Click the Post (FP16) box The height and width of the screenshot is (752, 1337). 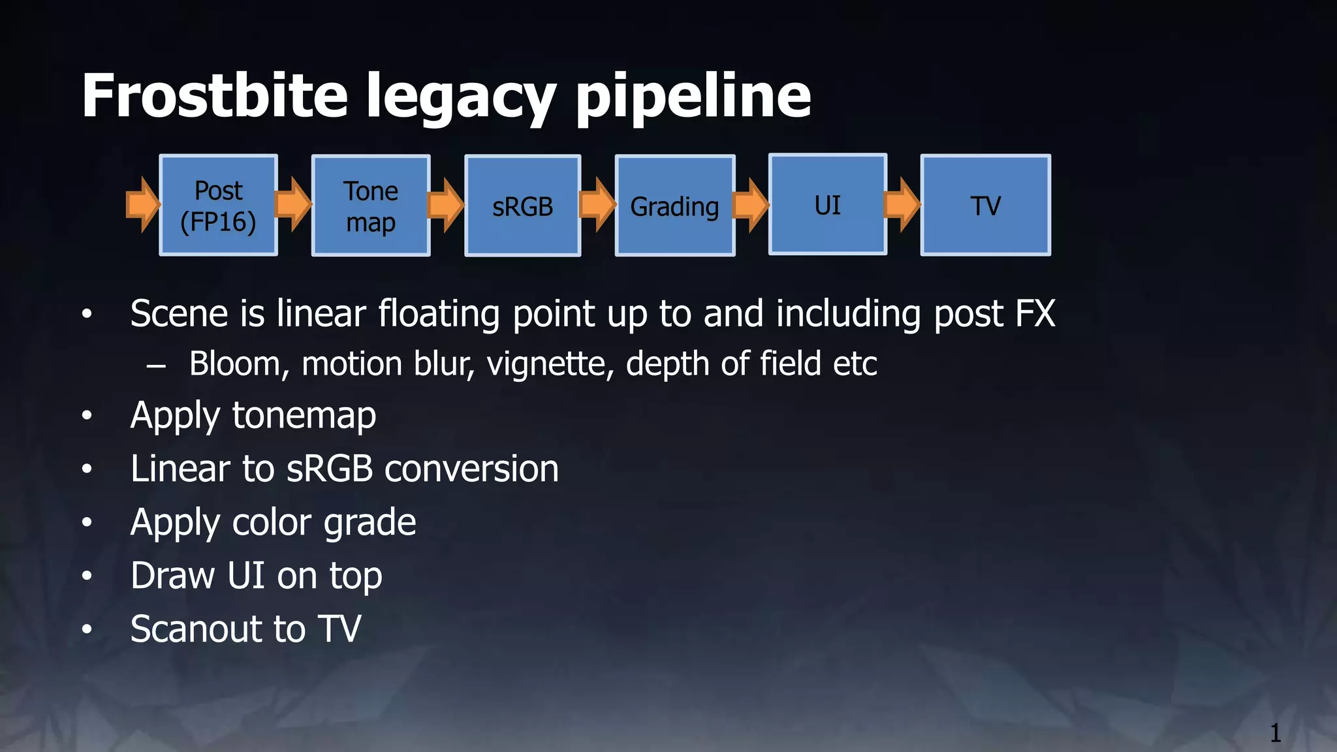[x=218, y=206]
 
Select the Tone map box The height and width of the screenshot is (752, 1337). [x=371, y=206]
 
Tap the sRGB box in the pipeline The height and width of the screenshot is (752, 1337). [x=522, y=206]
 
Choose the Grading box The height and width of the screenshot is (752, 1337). [x=675, y=206]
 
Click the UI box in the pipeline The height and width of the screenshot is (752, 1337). [x=828, y=204]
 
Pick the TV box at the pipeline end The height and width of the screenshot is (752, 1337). [x=985, y=206]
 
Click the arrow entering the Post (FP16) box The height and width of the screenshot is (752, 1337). [x=142, y=204]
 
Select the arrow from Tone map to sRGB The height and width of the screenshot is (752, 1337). [x=447, y=205]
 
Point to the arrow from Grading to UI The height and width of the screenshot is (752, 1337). [x=751, y=205]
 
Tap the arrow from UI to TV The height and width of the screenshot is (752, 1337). [x=902, y=205]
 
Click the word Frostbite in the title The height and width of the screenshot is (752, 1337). [x=214, y=96]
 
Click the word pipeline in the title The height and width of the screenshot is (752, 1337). [x=693, y=98]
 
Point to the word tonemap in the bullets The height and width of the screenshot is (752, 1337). [x=304, y=416]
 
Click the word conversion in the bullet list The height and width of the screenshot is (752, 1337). [x=471, y=469]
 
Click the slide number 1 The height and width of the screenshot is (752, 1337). [x=1275, y=732]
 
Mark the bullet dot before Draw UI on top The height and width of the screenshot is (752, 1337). [x=87, y=576]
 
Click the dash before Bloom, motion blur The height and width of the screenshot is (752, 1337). [x=156, y=366]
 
